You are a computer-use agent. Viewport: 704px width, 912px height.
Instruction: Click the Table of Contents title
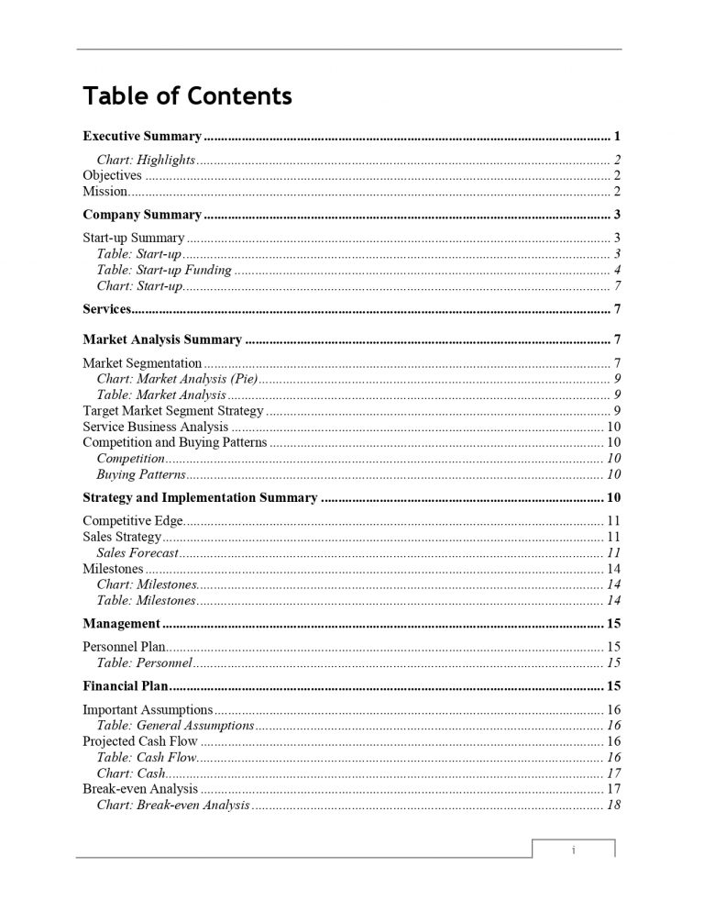pos(187,95)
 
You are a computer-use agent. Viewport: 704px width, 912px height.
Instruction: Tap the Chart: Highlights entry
pos(146,160)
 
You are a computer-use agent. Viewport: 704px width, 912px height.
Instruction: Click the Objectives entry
pos(113,175)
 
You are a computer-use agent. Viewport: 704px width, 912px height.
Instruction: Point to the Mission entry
pos(104,192)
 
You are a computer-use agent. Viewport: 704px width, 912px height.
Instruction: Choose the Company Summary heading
pos(142,215)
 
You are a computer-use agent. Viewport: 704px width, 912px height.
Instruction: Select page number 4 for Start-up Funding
pos(619,270)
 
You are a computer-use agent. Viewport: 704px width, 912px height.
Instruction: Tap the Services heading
pos(107,308)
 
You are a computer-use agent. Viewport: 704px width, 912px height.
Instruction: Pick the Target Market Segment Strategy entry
pos(173,411)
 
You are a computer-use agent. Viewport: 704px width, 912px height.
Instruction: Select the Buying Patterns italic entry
pos(141,475)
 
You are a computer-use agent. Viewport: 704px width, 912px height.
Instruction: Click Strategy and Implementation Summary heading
pos(200,498)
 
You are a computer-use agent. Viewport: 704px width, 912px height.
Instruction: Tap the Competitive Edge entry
pos(133,521)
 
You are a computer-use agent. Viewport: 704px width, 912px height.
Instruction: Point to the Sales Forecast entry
pos(137,552)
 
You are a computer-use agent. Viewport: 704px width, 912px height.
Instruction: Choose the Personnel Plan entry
pos(124,647)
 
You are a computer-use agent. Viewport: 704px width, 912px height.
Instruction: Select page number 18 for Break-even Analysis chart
pos(614,806)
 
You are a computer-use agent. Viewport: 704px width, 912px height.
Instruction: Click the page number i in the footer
pos(573,851)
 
